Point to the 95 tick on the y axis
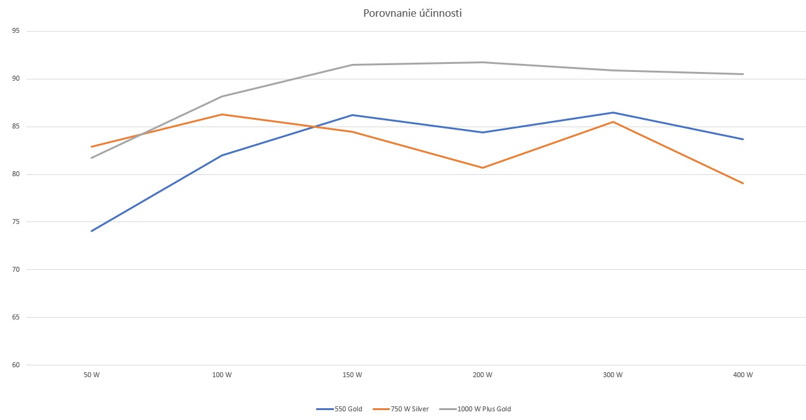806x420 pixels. [15, 31]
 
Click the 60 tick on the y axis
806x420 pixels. [15, 365]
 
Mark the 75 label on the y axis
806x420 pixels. [15, 222]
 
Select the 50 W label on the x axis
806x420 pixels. [91, 375]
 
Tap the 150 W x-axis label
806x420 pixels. [352, 375]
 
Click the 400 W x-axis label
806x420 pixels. [743, 375]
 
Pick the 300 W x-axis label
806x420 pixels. [613, 375]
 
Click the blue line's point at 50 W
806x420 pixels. [91, 231]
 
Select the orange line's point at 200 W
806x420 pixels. [482, 168]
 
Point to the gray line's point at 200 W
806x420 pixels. [482, 62]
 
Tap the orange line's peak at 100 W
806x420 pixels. [222, 114]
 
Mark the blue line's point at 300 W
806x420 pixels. [613, 112]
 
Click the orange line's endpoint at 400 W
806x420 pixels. [743, 183]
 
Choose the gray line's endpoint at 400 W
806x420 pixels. [743, 74]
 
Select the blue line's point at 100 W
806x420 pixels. [222, 155]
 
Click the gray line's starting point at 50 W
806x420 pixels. [91, 158]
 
